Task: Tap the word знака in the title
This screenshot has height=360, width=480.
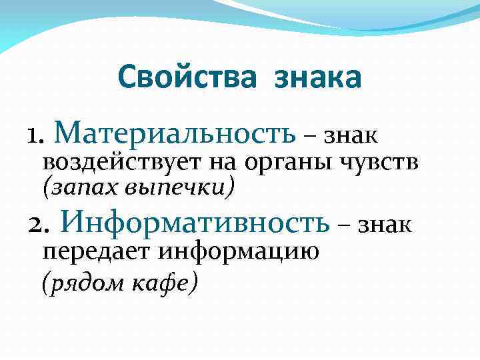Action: coord(317,78)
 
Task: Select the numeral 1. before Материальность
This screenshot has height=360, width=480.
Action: coord(36,136)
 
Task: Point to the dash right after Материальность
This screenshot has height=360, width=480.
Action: coord(311,137)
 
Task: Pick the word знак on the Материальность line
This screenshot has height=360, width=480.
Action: coord(351,135)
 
